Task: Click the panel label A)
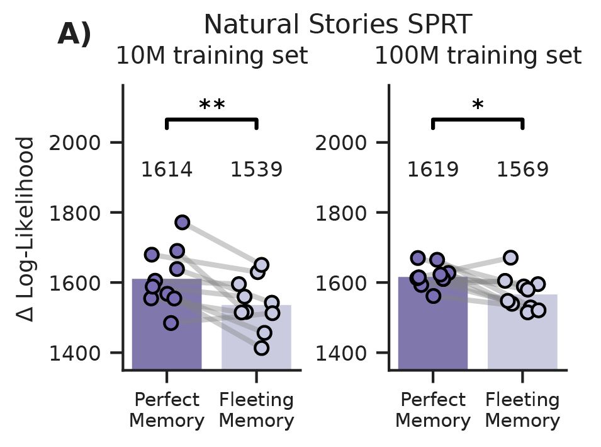[x=74, y=35]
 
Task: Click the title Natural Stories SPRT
[x=337, y=25]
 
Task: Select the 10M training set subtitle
[x=211, y=56]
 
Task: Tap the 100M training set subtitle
[x=478, y=56]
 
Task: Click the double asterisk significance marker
[x=211, y=106]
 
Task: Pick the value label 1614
[x=166, y=170]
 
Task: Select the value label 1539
[x=256, y=170]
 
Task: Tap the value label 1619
[x=433, y=170]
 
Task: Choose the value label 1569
[x=523, y=170]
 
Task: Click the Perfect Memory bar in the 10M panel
[x=166, y=340]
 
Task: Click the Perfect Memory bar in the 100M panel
[x=433, y=340]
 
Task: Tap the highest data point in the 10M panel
[x=183, y=222]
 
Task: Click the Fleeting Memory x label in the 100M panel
[x=523, y=410]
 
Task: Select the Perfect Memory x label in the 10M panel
[x=166, y=410]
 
